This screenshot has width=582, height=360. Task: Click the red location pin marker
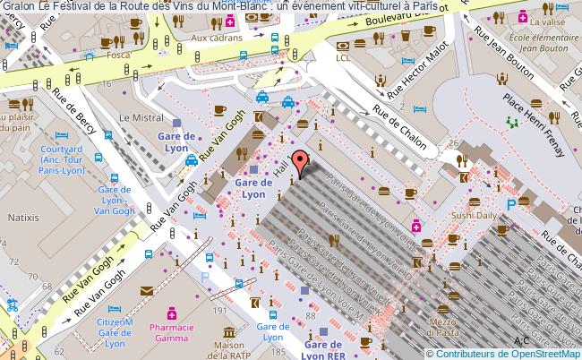[304, 162]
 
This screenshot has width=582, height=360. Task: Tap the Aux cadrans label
[212, 39]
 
